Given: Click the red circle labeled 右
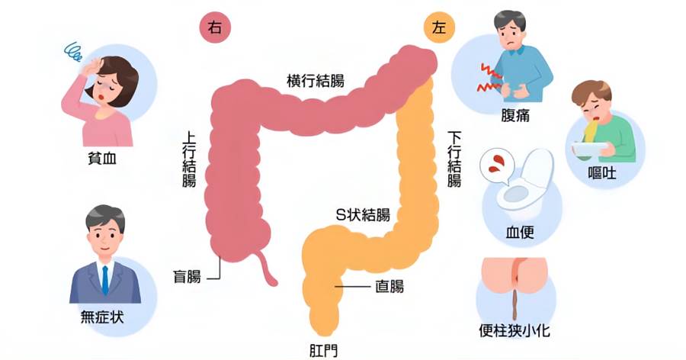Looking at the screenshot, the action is [x=215, y=27].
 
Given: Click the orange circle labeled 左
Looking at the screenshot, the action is [x=439, y=27].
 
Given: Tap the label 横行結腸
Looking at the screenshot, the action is [x=316, y=81].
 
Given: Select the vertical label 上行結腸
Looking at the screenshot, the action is [x=189, y=159].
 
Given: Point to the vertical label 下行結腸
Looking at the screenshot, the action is [x=454, y=159].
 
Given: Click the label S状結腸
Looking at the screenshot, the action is [x=363, y=214].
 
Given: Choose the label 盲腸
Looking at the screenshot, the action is [x=187, y=277].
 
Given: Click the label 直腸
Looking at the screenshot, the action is [x=389, y=287].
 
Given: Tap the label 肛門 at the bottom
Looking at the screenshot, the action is [x=323, y=351].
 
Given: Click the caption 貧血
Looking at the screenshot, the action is [x=102, y=158].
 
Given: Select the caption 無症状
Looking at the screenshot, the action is [x=102, y=317].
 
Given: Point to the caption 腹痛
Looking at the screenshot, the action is [x=515, y=115].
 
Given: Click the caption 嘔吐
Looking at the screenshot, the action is [x=602, y=173].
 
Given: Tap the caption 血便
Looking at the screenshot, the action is [x=520, y=232].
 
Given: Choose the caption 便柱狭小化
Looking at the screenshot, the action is [x=514, y=331].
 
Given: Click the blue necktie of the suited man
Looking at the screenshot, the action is [x=105, y=279].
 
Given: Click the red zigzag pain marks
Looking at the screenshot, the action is [x=489, y=78].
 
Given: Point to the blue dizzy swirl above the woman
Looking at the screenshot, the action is [x=73, y=51].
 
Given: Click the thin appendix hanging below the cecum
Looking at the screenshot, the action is [x=267, y=269].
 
